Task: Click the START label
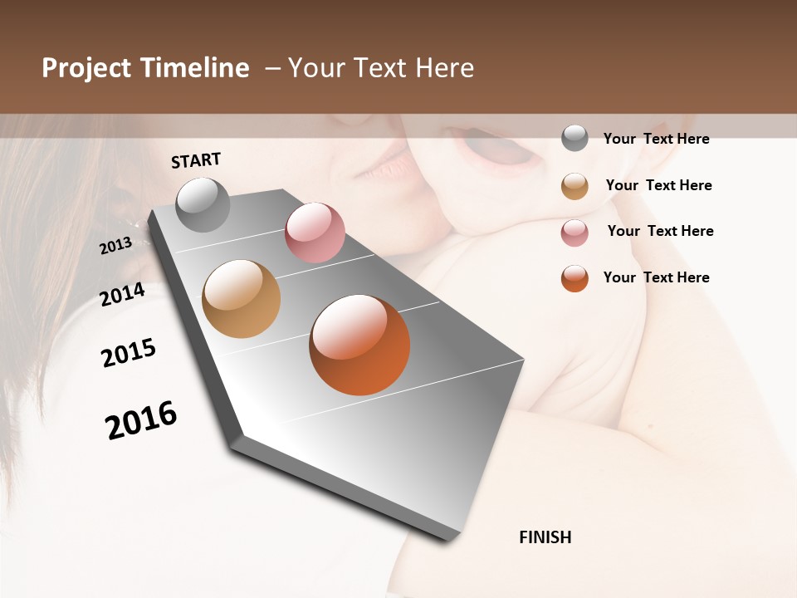[196, 160]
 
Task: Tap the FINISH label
[545, 537]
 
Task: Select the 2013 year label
[116, 246]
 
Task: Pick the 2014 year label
[123, 294]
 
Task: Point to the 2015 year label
[129, 353]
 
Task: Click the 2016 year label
[141, 419]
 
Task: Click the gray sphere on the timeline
[203, 204]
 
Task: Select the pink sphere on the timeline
[315, 233]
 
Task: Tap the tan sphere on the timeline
[242, 299]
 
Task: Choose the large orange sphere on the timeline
[359, 345]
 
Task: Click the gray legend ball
[575, 138]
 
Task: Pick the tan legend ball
[575, 186]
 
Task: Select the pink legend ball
[575, 233]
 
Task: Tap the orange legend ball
[575, 278]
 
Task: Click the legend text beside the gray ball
[656, 139]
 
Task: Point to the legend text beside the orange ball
[656, 277]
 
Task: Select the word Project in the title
[86, 68]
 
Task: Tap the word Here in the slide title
[443, 68]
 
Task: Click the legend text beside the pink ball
[660, 231]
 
